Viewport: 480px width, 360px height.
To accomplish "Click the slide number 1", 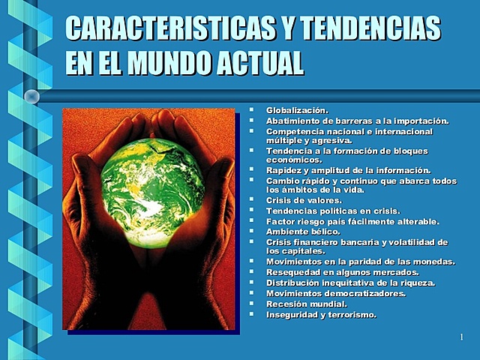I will click(x=461, y=338).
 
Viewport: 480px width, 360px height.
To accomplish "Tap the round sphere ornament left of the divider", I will click(x=31, y=96).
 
